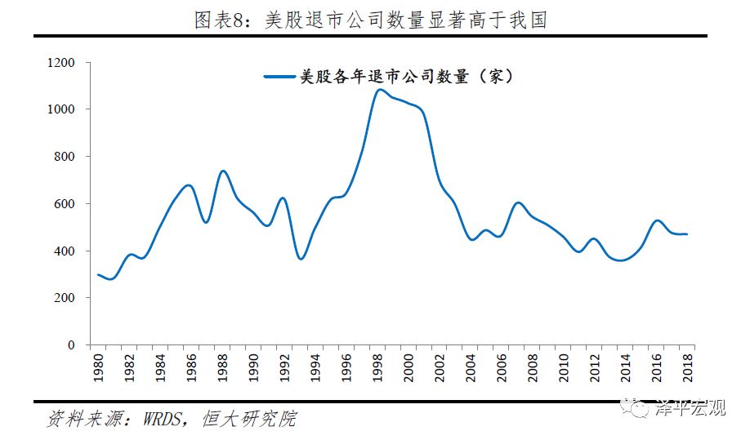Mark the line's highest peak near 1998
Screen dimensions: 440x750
(379, 89)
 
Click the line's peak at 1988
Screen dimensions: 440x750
(223, 171)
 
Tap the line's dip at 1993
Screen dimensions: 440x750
(301, 259)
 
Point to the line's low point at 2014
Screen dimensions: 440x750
(623, 260)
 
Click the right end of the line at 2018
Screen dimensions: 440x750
(686, 234)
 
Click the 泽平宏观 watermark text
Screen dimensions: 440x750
(690, 407)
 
